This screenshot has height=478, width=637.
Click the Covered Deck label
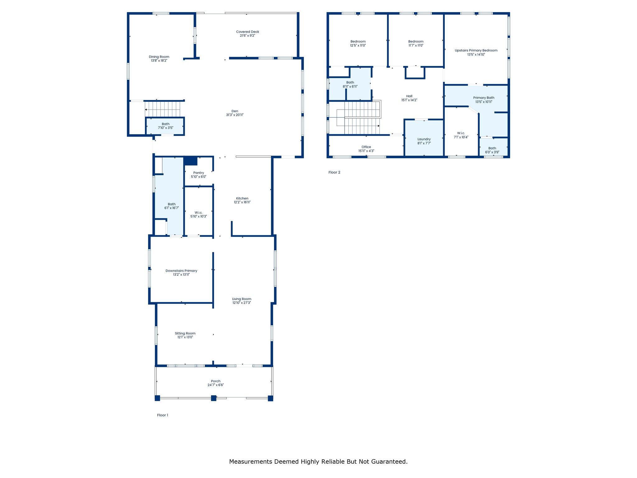click(x=248, y=32)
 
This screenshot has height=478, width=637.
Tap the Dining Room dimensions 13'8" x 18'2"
click(x=159, y=61)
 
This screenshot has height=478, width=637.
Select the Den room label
click(x=235, y=111)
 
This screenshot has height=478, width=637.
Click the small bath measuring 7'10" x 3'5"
click(x=165, y=126)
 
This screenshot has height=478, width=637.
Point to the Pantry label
click(x=199, y=173)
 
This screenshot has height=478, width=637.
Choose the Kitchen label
click(x=242, y=198)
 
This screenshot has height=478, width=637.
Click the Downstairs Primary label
click(x=181, y=271)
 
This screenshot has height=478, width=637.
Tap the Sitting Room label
click(x=185, y=333)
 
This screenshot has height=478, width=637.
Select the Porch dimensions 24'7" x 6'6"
click(x=216, y=385)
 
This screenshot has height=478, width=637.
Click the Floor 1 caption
click(x=163, y=415)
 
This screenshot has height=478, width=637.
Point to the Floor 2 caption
click(x=334, y=172)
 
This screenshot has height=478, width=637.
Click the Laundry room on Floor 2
click(x=424, y=138)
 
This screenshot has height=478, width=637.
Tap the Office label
click(x=366, y=147)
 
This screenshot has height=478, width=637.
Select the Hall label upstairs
click(x=409, y=96)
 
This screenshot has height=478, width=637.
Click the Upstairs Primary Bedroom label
click(x=476, y=50)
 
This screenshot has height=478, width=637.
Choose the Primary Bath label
click(x=484, y=98)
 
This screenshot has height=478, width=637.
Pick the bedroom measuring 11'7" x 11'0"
click(x=416, y=40)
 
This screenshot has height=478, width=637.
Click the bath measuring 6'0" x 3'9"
click(x=493, y=147)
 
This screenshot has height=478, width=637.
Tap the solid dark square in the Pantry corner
click(x=191, y=161)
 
